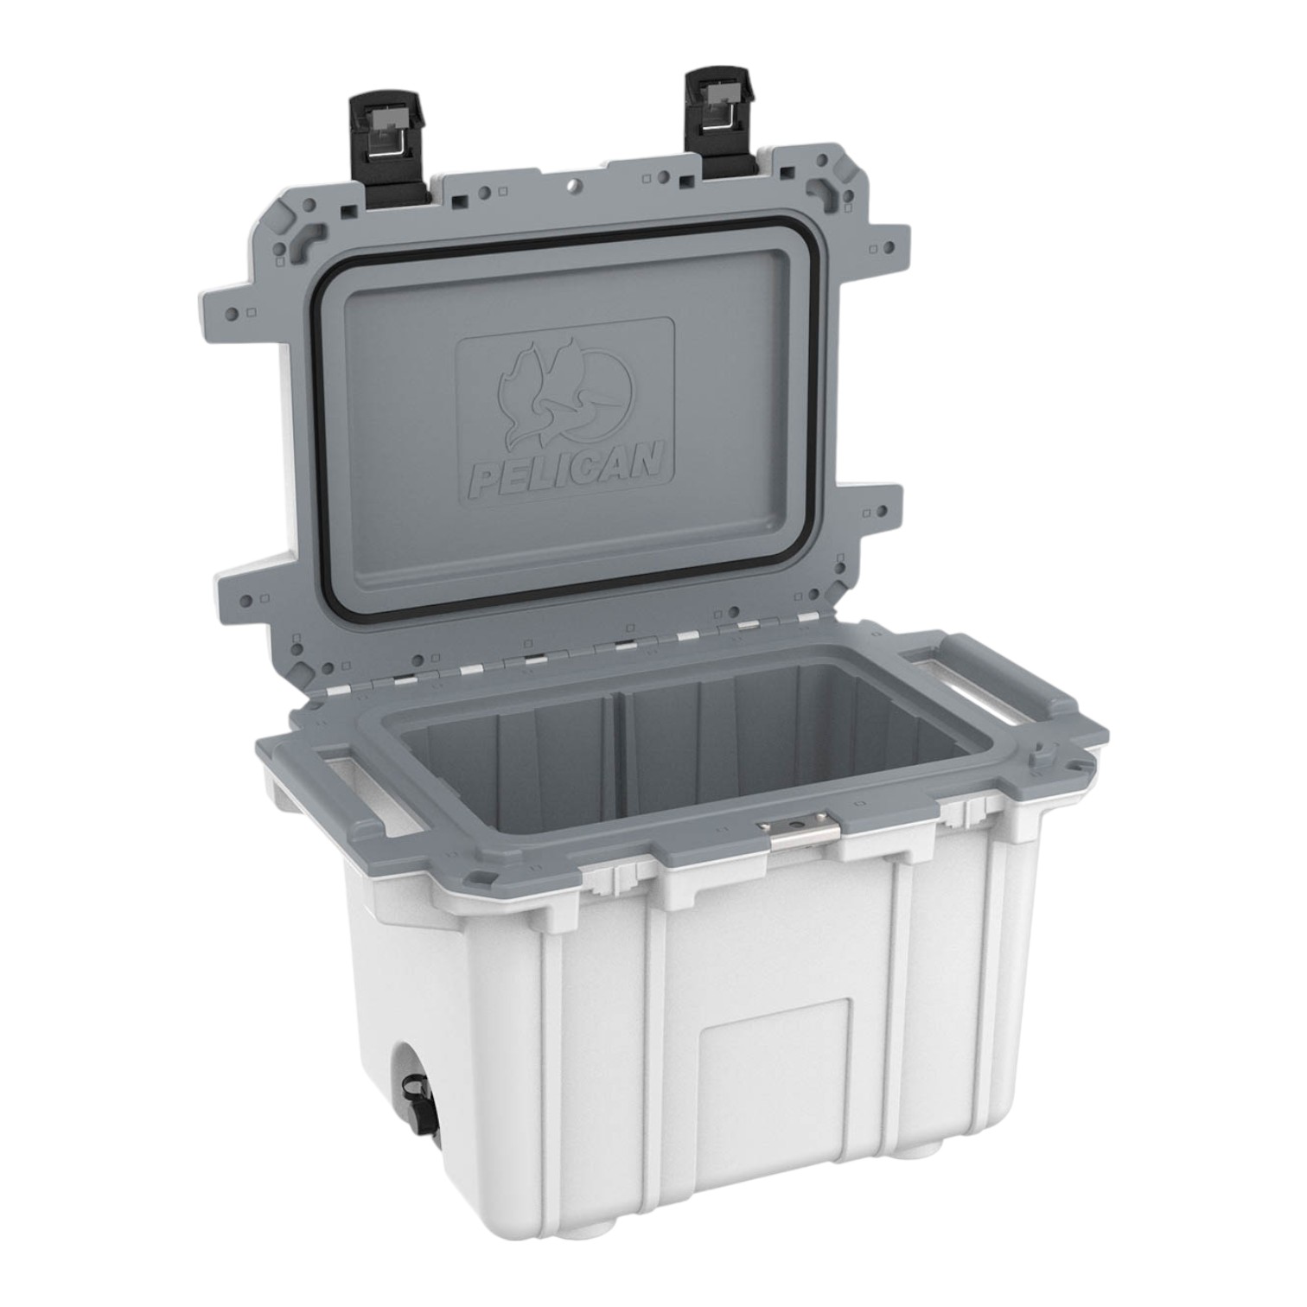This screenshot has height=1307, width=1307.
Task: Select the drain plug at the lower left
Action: coord(418,1093)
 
